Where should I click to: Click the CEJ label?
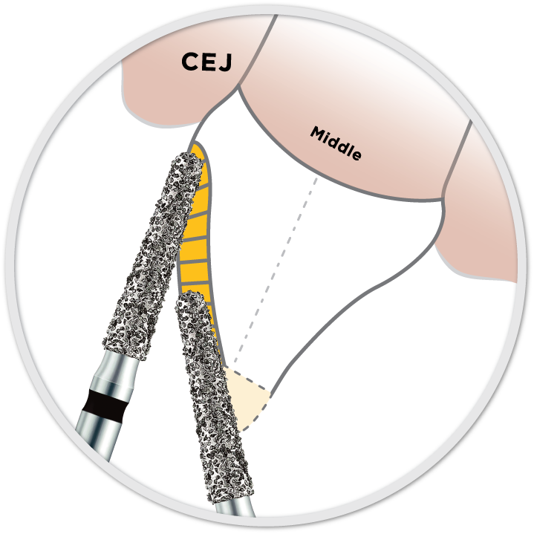pos(206,62)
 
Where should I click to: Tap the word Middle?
pos(336,144)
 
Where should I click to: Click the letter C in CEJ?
pos(190,62)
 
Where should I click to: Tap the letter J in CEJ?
pos(225,62)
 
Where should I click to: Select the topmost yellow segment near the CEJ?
pos(198,156)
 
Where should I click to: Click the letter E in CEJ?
pos(209,62)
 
